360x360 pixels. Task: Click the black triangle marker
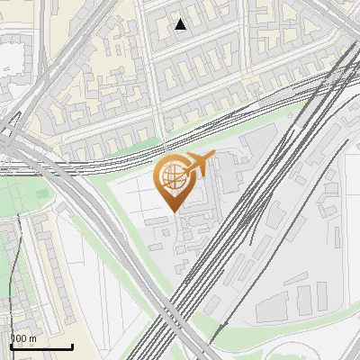(x=181, y=24)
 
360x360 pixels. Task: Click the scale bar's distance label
(x=22, y=338)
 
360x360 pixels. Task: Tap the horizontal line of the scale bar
(x=40, y=346)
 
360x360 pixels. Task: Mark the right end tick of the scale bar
(x=72, y=345)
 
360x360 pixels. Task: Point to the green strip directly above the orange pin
(x=180, y=144)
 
